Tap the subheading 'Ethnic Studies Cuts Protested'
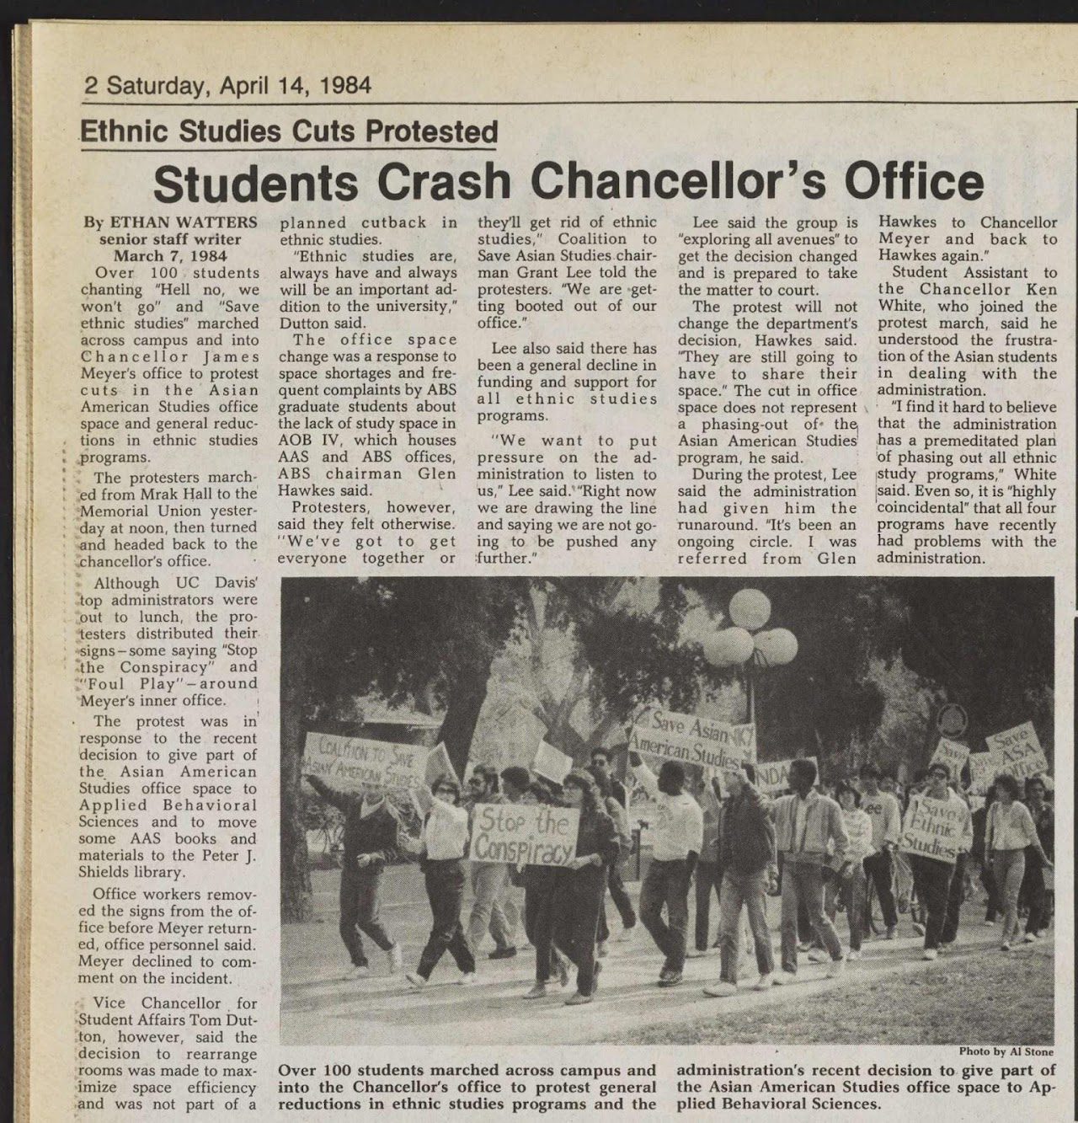[288, 132]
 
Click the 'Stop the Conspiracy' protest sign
[525, 834]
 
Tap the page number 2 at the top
[91, 86]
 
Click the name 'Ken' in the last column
[1042, 289]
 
